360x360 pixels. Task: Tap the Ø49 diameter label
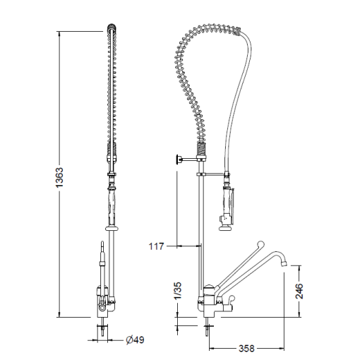pos(135,340)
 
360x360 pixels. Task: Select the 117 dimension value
pos(157,246)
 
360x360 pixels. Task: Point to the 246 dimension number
pos(299,292)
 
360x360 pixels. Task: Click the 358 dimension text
pos(246,349)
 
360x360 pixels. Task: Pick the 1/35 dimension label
pos(178,291)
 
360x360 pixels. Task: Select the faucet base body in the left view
pos(104,300)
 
